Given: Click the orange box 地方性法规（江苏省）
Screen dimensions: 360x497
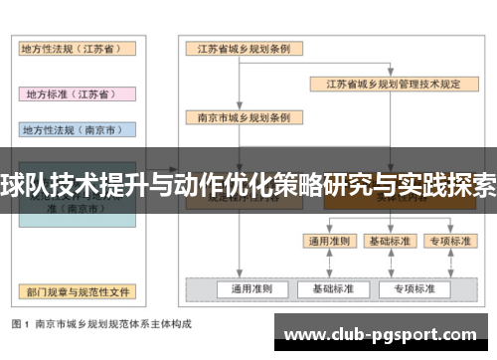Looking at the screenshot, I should pyautogui.click(x=77, y=50).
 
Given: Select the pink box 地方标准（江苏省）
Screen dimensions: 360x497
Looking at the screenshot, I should pyautogui.click(x=77, y=93).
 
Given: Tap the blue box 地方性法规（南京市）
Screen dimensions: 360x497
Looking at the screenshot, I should pyautogui.click(x=77, y=129).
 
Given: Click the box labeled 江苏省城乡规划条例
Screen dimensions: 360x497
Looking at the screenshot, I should pyautogui.click(x=238, y=50).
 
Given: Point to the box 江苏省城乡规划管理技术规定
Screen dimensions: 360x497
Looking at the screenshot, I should pyautogui.click(x=388, y=84).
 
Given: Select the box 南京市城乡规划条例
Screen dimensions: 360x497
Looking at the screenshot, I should pyautogui.click(x=238, y=117).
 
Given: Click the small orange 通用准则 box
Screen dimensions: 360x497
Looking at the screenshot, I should pyautogui.click(x=328, y=241).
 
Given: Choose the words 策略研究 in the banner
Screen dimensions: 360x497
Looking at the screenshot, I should pyautogui.click(x=317, y=184).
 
